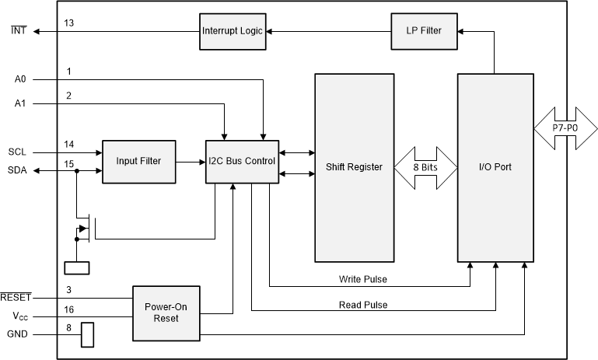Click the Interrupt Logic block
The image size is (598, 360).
(231, 30)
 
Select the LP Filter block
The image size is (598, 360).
(423, 30)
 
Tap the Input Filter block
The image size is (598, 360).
(138, 161)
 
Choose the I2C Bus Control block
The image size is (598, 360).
(241, 161)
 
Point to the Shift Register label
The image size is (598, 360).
(354, 167)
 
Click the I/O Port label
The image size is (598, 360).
(495, 167)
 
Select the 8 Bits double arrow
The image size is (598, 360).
(425, 167)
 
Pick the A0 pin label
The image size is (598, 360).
(20, 79)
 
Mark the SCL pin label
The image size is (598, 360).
(17, 152)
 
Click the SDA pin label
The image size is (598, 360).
(17, 170)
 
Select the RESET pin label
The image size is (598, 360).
(16, 298)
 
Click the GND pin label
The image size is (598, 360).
(17, 335)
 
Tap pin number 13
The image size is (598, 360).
(69, 23)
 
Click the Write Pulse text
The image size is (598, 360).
(364, 278)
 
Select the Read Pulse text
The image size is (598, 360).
(363, 304)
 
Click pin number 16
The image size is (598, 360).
(69, 309)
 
